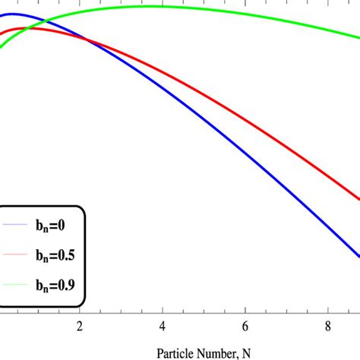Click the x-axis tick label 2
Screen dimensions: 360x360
[x=80, y=327]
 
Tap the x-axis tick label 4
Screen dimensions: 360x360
[x=163, y=327]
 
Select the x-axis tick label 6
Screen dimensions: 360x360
[x=245, y=327]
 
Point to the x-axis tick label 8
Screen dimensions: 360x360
[x=327, y=327]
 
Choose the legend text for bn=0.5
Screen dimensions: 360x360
[x=60, y=254]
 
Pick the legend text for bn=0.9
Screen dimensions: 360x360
[x=60, y=285]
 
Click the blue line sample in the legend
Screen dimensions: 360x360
[x=16, y=226]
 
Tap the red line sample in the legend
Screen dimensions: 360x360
[x=16, y=255]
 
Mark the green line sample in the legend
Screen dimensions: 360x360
[x=16, y=286]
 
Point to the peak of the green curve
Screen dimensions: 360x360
[x=152, y=6]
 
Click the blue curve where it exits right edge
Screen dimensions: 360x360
[x=358, y=256]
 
